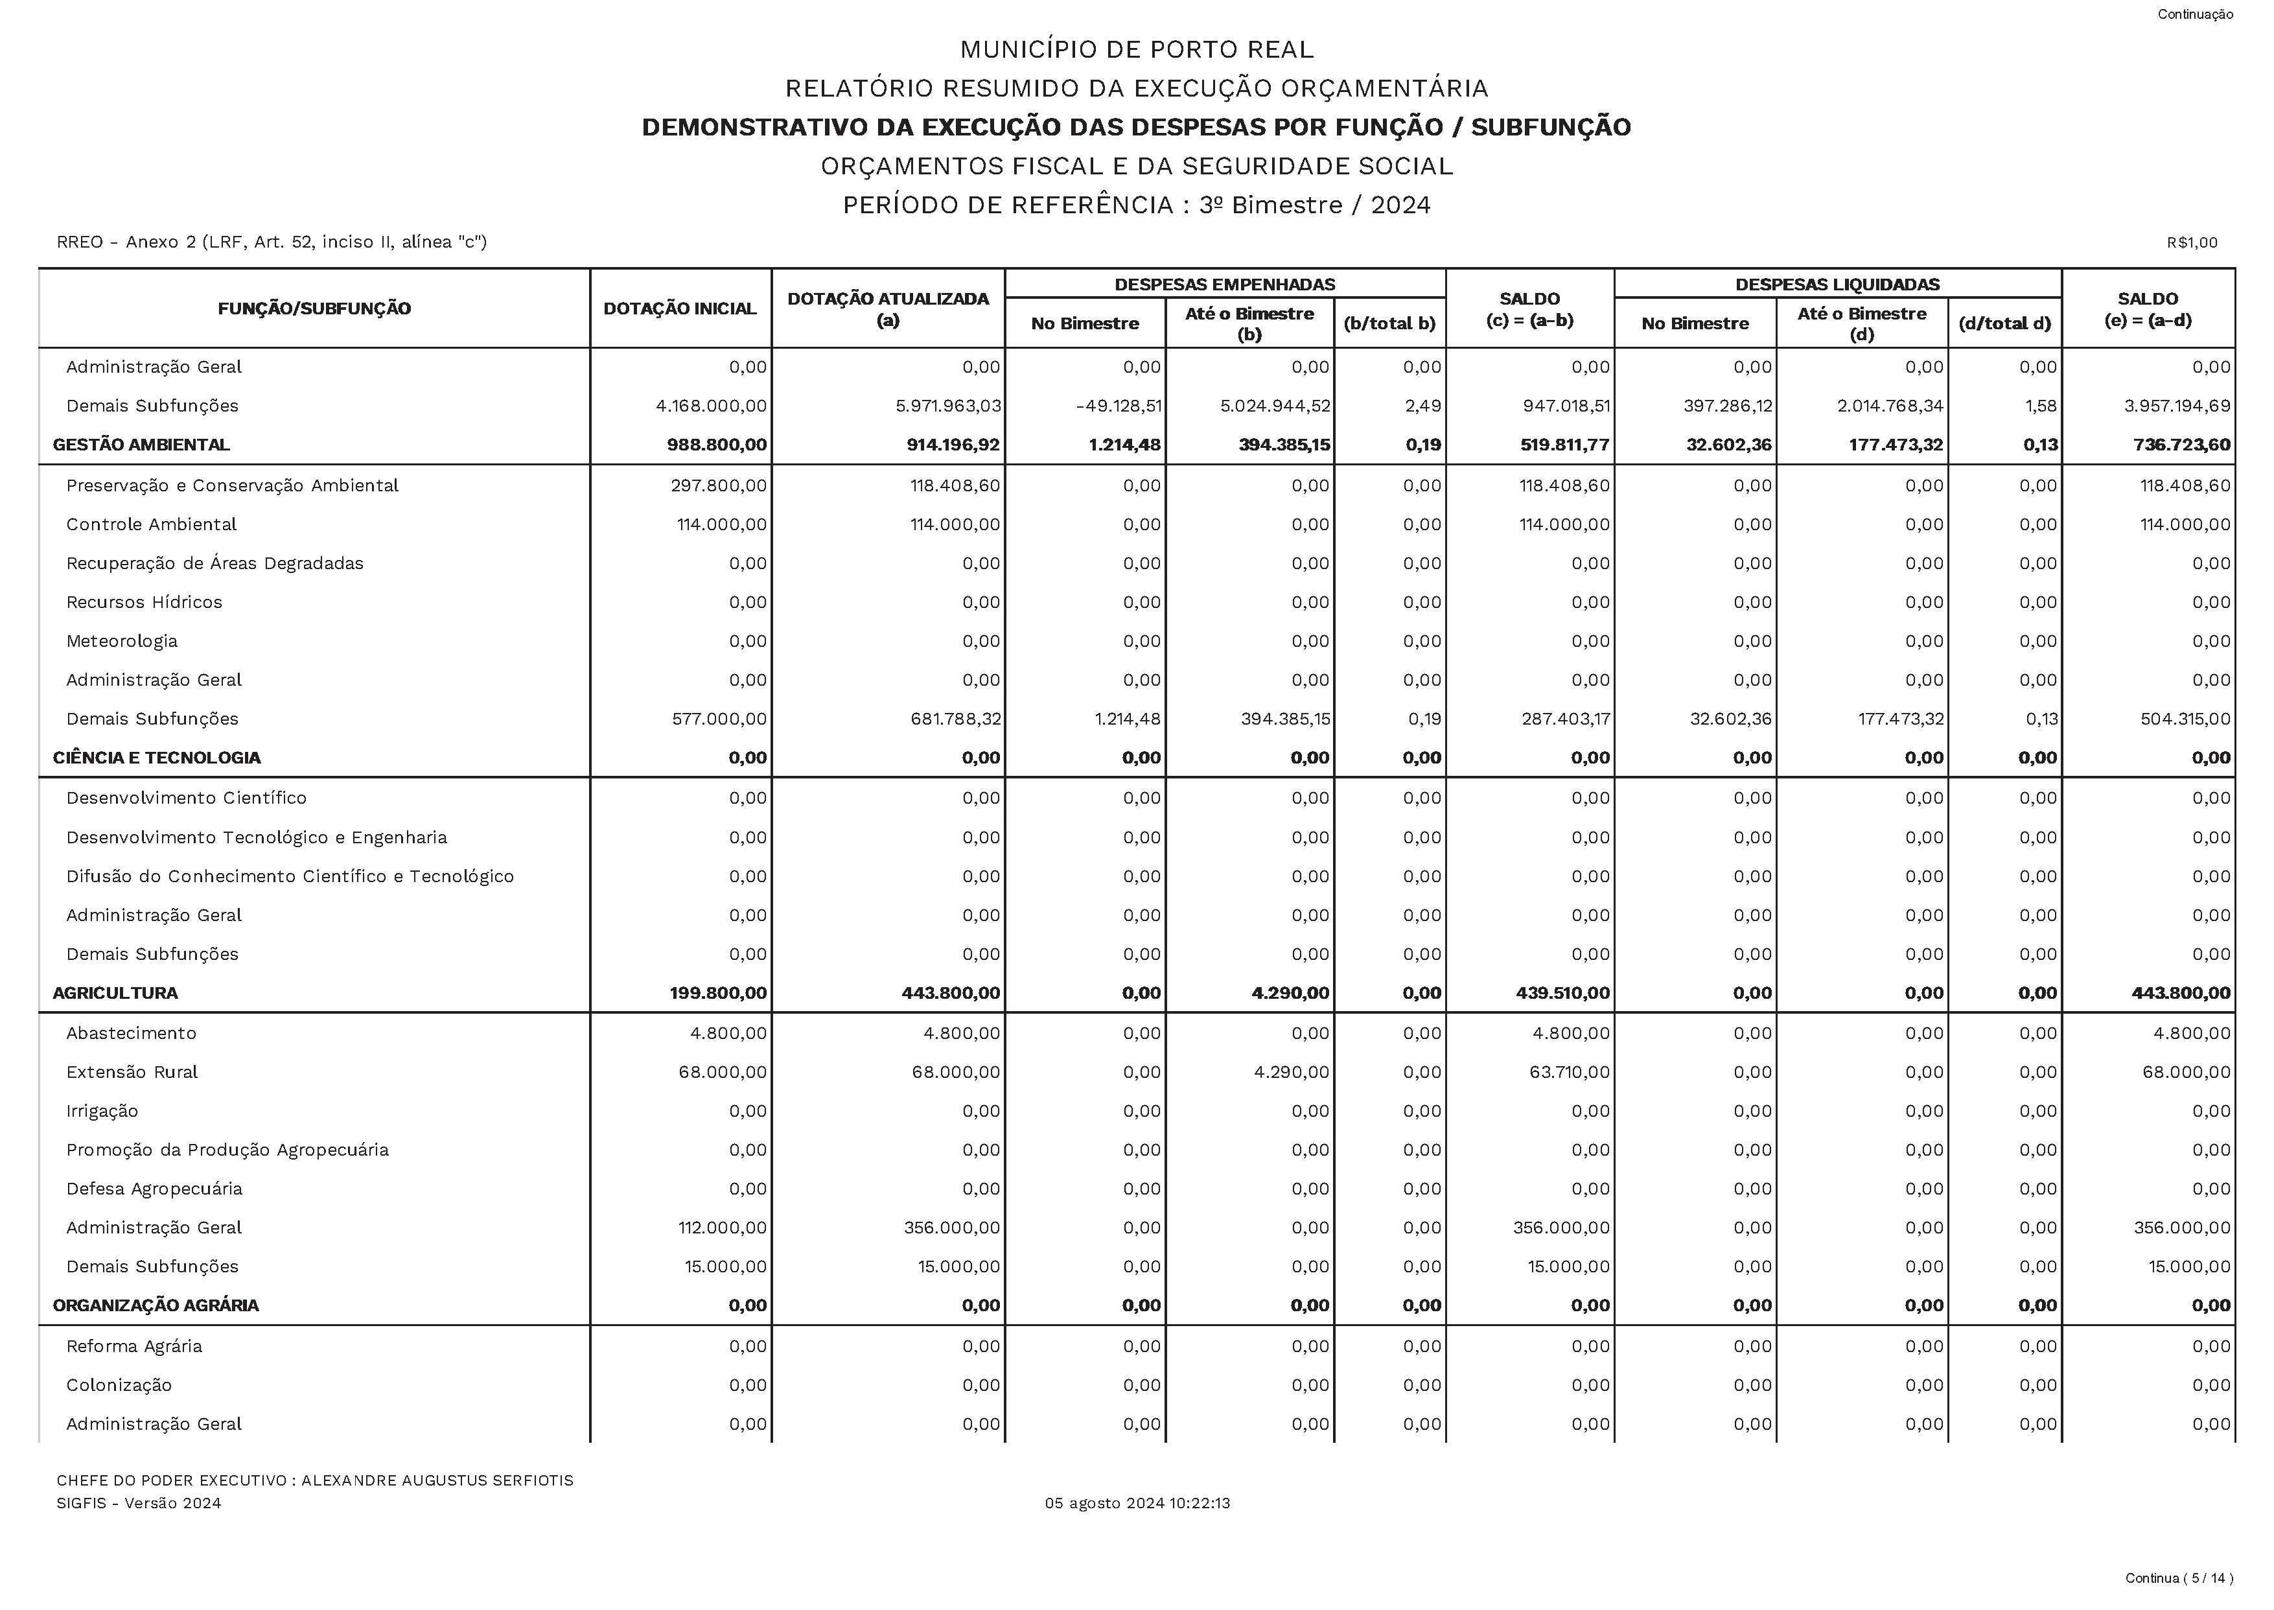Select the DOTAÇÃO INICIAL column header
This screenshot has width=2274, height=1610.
pyautogui.click(x=679, y=309)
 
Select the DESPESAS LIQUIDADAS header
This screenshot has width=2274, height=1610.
pyautogui.click(x=1837, y=285)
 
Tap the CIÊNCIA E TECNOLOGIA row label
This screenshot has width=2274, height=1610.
pyautogui.click(x=157, y=758)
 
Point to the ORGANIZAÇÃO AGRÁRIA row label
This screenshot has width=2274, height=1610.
pyautogui.click(x=156, y=1305)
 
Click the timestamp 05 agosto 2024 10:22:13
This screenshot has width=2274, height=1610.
pyautogui.click(x=1137, y=1503)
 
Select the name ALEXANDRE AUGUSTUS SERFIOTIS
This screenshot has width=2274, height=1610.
pyautogui.click(x=437, y=1480)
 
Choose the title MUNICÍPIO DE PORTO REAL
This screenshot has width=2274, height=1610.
pyautogui.click(x=1136, y=49)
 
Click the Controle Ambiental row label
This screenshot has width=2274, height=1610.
pyautogui.click(x=152, y=524)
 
